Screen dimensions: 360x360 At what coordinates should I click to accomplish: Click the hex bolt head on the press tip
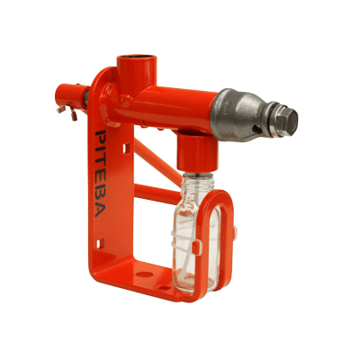tap(285, 121)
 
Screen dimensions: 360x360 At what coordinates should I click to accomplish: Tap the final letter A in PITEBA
tap(100, 210)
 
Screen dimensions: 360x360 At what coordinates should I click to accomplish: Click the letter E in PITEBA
tap(100, 175)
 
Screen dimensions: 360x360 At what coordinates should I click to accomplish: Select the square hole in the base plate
tap(164, 287)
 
